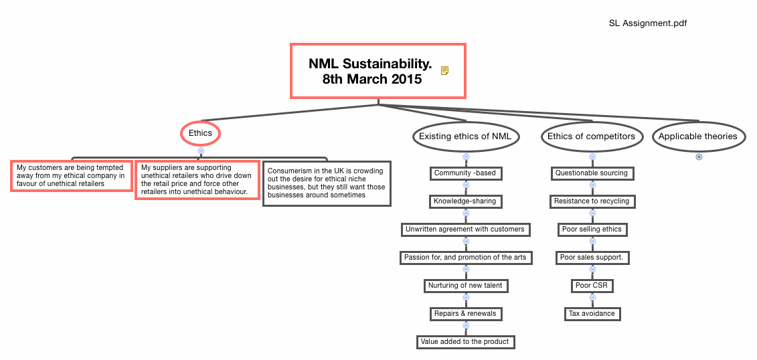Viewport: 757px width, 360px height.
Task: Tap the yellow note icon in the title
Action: pyautogui.click(x=444, y=71)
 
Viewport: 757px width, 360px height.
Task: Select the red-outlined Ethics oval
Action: pyautogui.click(x=200, y=133)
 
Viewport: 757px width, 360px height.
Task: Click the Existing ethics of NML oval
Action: pyautogui.click(x=465, y=137)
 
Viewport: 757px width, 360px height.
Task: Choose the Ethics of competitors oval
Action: pyautogui.click(x=591, y=137)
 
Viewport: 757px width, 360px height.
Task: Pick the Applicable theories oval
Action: pyautogui.click(x=697, y=137)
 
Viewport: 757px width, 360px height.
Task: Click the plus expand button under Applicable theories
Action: pyautogui.click(x=699, y=157)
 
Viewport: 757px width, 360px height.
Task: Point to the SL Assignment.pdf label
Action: pyautogui.click(x=648, y=23)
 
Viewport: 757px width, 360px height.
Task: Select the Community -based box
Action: pyautogui.click(x=465, y=173)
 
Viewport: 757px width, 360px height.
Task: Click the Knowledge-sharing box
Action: pyautogui.click(x=465, y=201)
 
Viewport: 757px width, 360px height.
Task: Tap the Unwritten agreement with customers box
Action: pyautogui.click(x=465, y=230)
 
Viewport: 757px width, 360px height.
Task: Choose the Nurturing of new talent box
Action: pyautogui.click(x=465, y=286)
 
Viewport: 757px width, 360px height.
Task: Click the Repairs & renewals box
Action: pyautogui.click(x=465, y=314)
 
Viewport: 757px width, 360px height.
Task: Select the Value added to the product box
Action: pyautogui.click(x=465, y=342)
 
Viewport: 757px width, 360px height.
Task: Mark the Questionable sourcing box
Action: pyautogui.click(x=592, y=173)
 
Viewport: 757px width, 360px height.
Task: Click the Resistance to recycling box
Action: pyautogui.click(x=592, y=201)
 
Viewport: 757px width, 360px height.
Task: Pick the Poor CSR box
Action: pyautogui.click(x=592, y=286)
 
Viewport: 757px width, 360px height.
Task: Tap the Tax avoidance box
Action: pyautogui.click(x=592, y=314)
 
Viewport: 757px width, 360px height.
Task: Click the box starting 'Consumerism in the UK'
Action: pyautogui.click(x=327, y=183)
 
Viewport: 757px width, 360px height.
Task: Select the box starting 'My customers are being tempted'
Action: pyautogui.click(x=71, y=176)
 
